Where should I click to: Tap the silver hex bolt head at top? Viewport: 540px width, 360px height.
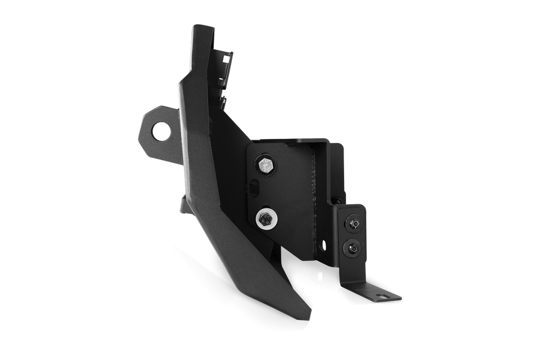point(265,166)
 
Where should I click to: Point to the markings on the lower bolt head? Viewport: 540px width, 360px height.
point(265,220)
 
